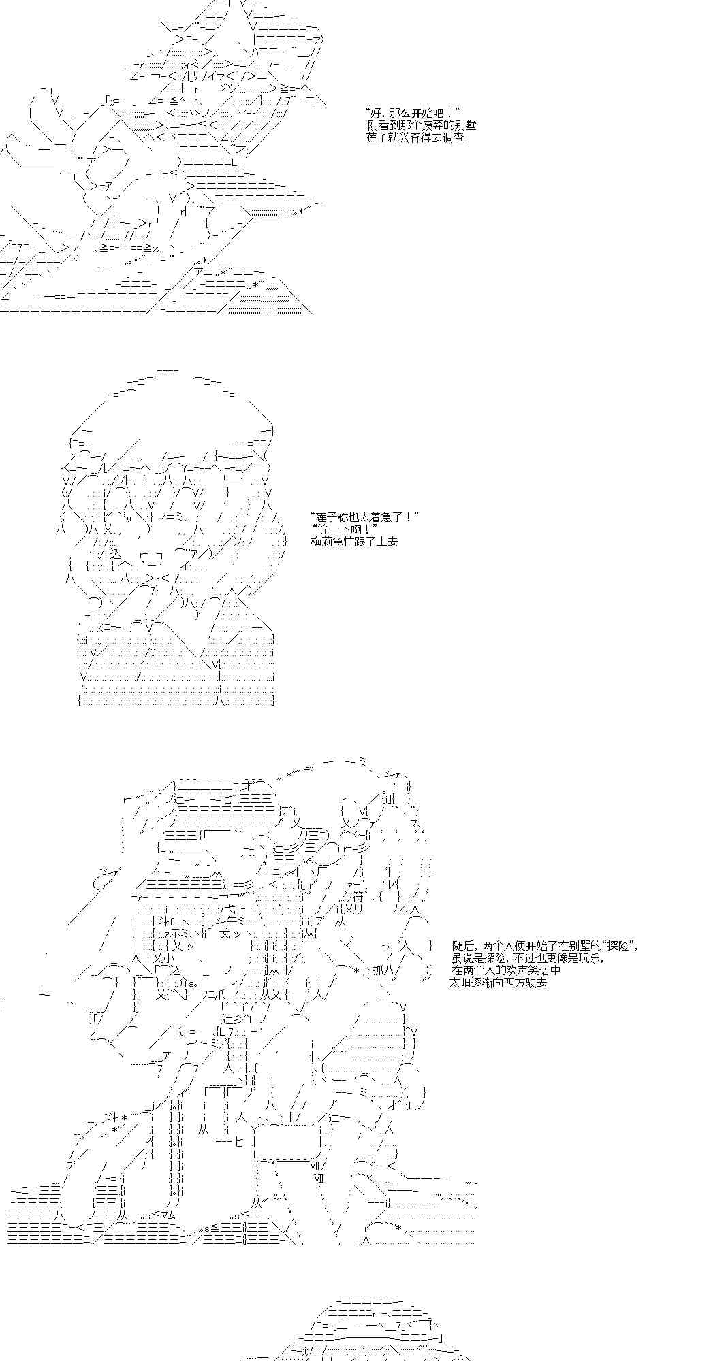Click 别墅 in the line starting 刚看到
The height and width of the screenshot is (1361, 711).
(x=466, y=125)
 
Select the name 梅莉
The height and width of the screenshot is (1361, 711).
(x=321, y=542)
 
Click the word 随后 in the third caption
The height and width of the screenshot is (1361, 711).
(x=462, y=946)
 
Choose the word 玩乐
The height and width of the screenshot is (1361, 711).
(x=591, y=958)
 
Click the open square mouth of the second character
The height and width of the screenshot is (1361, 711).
(x=151, y=560)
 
